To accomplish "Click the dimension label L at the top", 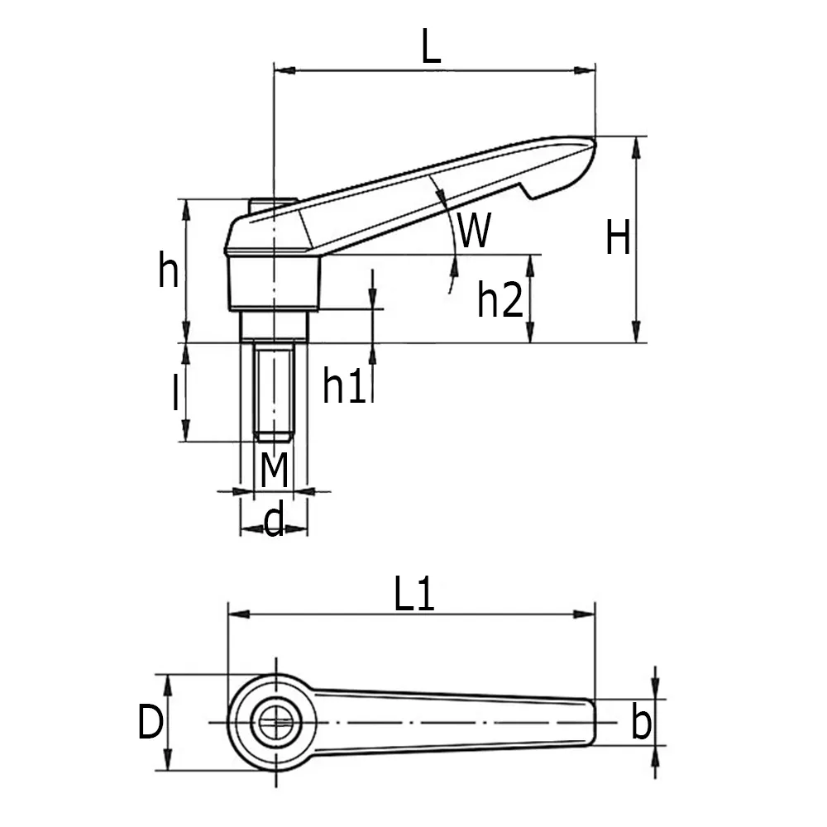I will [x=431, y=48].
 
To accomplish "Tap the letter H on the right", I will [x=618, y=239].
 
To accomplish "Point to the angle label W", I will [x=475, y=231].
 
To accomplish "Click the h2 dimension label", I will [x=500, y=300].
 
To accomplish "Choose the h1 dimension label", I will [x=344, y=386].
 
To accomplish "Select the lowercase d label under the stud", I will [x=274, y=521].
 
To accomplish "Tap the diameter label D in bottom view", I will [x=150, y=724].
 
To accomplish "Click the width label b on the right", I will [x=640, y=724].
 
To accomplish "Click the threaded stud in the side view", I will [x=274, y=393].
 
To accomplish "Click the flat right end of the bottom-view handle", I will [x=593, y=723].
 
